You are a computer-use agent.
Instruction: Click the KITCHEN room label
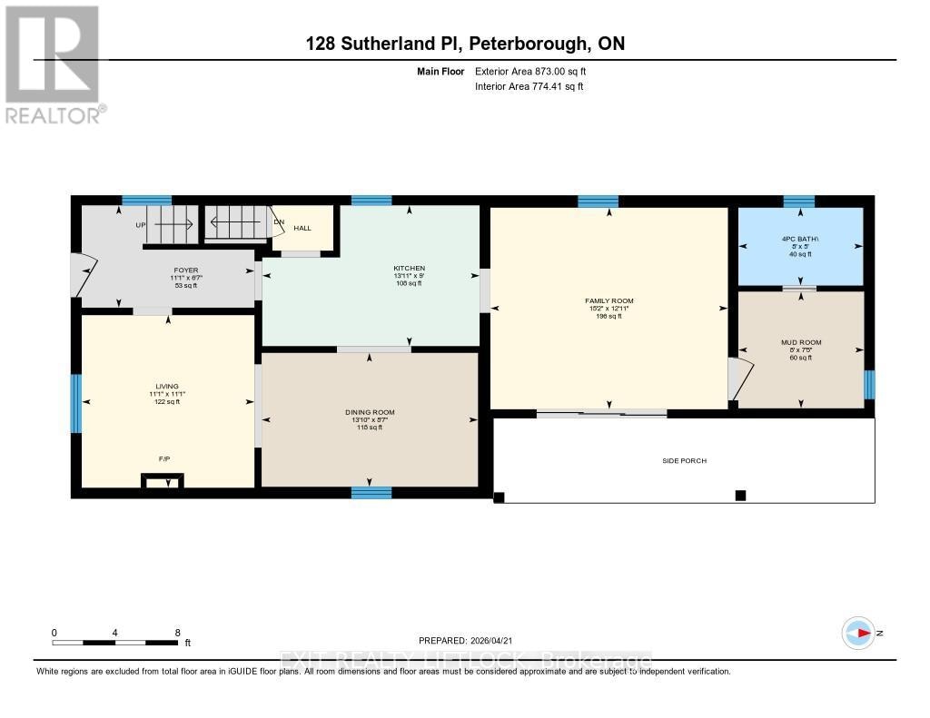coord(409,269)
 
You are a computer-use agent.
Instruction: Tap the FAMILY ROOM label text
coord(608,300)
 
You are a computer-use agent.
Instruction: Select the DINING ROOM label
coord(370,412)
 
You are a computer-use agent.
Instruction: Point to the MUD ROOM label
coord(800,342)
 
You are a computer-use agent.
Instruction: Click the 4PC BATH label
coord(800,239)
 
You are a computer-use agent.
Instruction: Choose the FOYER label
coord(186,270)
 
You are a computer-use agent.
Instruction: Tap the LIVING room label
coord(166,387)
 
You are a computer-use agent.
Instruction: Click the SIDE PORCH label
coord(684,461)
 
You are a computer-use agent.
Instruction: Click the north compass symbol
coord(858,633)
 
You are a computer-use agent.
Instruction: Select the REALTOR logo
coord(53,64)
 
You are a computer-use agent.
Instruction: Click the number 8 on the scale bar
coord(177,633)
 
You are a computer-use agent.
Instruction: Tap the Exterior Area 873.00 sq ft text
coord(537,71)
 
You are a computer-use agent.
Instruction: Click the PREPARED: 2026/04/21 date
coord(471,640)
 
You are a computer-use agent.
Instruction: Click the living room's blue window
coord(76,403)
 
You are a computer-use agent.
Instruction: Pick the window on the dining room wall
coord(371,493)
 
